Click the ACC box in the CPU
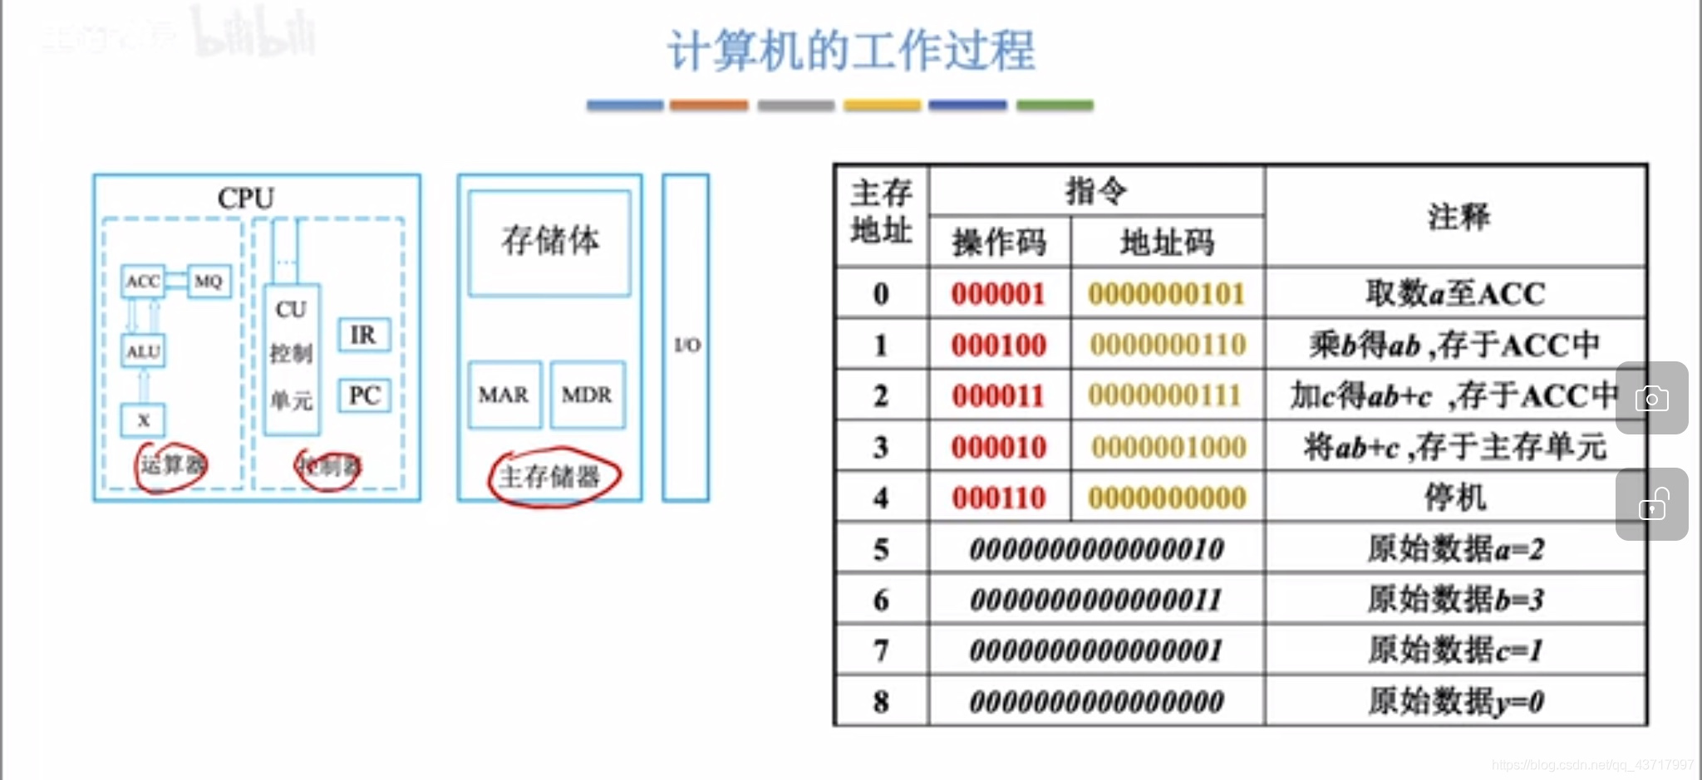pos(143,282)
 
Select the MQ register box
pos(208,282)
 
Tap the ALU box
pos(143,351)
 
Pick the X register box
pos(143,420)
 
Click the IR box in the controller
pos(363,335)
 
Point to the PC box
pos(363,395)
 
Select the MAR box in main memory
pos(504,395)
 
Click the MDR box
pos(587,395)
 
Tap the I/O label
pos(686,345)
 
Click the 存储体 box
pos(549,242)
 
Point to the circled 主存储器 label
pos(550,477)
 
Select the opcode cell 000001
pos(998,294)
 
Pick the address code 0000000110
pos(1168,345)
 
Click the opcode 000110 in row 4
pos(998,498)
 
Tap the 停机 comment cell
pos(1454,498)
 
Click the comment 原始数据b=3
pos(1455,600)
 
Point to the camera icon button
pos(1651,399)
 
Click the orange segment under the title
pos(709,105)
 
